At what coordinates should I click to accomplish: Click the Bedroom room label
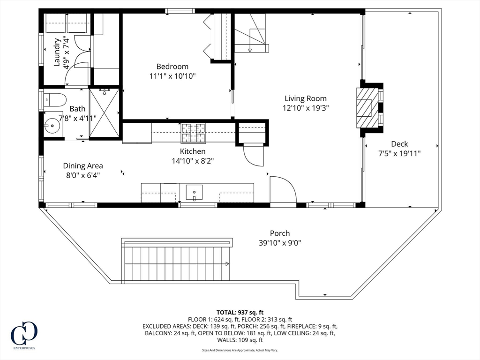[172, 67]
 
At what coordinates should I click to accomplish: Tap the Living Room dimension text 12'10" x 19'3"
[306, 108]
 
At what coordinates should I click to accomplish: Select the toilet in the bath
[55, 100]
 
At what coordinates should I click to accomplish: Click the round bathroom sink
[52, 126]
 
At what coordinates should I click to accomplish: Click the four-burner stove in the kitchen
[193, 133]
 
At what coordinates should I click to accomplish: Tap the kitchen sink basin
[194, 193]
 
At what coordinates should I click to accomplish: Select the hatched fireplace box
[367, 108]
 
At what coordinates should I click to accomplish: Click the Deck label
[399, 143]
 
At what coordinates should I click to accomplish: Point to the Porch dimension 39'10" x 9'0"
[280, 243]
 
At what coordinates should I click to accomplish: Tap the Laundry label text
[57, 52]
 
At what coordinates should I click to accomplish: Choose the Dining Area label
[83, 165]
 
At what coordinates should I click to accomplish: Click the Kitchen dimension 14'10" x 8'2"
[193, 161]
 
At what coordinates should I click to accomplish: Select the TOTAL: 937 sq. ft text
[240, 312]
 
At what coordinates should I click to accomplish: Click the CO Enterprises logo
[24, 335]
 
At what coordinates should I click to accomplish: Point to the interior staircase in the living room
[252, 33]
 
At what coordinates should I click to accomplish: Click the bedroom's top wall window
[180, 11]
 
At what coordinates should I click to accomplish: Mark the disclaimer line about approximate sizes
[240, 350]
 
